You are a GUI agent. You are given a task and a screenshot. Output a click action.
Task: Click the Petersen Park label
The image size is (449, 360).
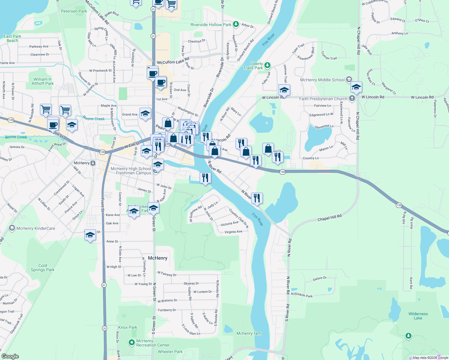point(74,11)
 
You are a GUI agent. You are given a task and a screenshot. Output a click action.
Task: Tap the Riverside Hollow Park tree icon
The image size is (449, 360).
point(236,24)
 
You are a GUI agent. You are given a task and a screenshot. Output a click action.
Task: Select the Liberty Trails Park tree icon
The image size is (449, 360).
point(267,65)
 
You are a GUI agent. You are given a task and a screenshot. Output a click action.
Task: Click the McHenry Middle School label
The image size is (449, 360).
point(322,80)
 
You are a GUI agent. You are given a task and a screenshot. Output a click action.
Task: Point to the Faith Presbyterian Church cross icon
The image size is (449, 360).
point(352,98)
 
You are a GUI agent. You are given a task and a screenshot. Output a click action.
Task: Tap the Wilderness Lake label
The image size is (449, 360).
point(418,316)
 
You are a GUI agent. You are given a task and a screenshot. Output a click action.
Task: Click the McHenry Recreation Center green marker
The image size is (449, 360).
point(131,342)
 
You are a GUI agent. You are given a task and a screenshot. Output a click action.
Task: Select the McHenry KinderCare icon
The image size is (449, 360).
point(12,228)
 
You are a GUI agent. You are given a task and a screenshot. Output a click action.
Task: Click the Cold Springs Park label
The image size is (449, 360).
point(43,268)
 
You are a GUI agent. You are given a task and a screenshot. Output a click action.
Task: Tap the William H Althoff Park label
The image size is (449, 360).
point(43,81)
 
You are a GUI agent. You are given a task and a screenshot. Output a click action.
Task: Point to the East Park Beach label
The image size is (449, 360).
point(12,38)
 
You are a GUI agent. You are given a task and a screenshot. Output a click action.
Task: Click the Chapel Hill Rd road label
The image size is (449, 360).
point(329,218)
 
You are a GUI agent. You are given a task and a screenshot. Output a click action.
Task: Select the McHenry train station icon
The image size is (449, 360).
point(93,163)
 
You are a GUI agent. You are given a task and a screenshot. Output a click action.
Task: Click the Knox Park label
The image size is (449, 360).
point(128,327)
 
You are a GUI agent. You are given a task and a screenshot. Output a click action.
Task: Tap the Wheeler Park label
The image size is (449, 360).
point(170,352)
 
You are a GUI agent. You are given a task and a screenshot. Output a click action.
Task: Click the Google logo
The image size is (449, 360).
point(10,356)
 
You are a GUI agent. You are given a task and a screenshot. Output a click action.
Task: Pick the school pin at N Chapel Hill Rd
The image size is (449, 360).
point(356,87)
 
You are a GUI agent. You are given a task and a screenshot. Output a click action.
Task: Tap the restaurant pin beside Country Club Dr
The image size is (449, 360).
point(257,198)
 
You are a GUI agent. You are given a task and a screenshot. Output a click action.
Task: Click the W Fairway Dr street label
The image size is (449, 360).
point(167,274)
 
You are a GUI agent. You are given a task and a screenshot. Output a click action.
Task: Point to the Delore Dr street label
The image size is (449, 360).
point(320,278)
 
